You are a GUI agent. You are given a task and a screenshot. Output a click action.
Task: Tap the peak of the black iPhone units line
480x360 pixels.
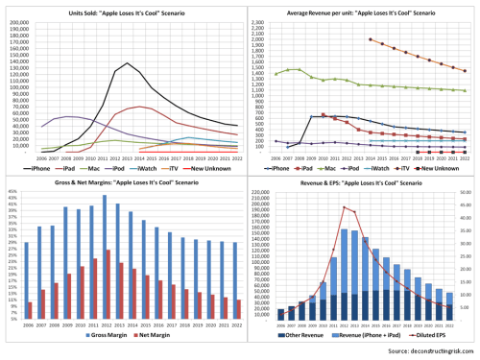tap(127, 63)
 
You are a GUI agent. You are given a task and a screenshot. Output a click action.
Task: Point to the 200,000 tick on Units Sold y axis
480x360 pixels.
tap(19, 19)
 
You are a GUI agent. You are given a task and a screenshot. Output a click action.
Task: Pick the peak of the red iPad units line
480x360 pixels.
tap(140, 107)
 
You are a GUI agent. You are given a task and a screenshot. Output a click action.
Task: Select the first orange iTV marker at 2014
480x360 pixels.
tap(370, 39)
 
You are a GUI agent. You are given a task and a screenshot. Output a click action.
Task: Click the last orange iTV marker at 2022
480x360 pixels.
tap(466, 71)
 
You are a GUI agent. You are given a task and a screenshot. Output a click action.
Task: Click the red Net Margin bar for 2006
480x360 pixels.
tap(31, 310)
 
